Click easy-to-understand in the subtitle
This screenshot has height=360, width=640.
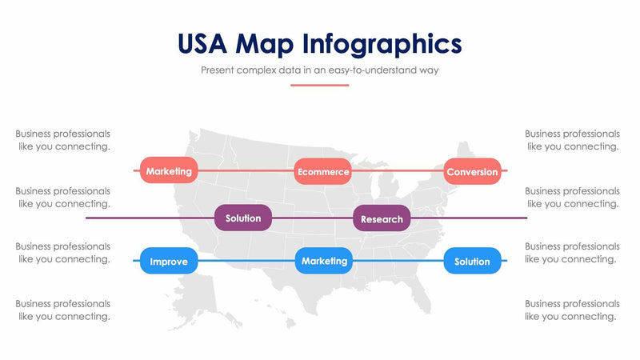coord(376,70)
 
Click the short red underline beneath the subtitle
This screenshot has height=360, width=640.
coord(320,85)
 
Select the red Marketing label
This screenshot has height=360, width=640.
coord(169,171)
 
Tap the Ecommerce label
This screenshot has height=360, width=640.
coord(322,172)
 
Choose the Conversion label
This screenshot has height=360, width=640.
coord(472,172)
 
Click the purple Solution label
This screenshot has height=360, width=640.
coord(243,218)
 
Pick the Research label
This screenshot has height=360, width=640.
coord(382,219)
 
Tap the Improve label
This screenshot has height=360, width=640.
coord(169,262)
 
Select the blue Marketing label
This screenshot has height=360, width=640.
coord(324,261)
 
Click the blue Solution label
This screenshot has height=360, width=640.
coord(472,262)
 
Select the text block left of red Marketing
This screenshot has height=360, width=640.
coord(63,140)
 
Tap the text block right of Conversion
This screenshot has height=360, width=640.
coord(572,140)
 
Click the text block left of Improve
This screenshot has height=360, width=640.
coord(63,253)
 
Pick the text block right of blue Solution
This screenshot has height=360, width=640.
coord(572,253)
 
